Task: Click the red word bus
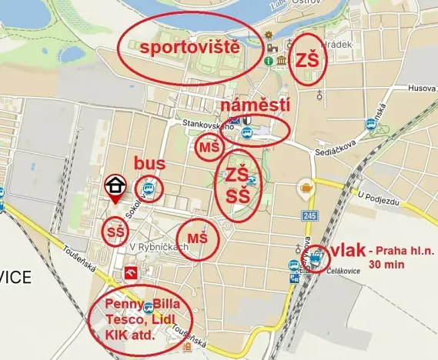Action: [150, 163]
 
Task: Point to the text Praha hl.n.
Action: [403, 251]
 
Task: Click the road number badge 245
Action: [309, 215]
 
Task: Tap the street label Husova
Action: [423, 88]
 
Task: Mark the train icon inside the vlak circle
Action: [316, 260]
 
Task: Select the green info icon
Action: [268, 60]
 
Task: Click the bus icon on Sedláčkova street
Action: [370, 124]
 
